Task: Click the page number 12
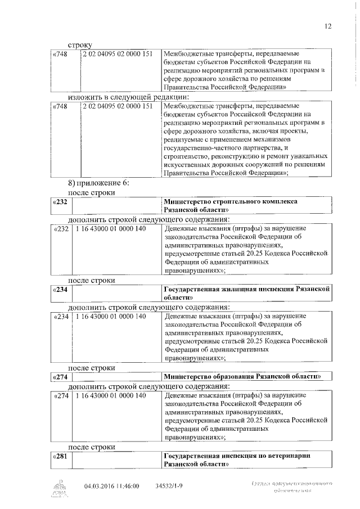pos(328,26)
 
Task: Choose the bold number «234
pos(60,289)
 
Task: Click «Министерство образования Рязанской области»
pos(242,376)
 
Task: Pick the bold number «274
pos(60,376)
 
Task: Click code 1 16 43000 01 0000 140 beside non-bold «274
pos(110,396)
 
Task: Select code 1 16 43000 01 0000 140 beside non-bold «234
pos(110,317)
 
